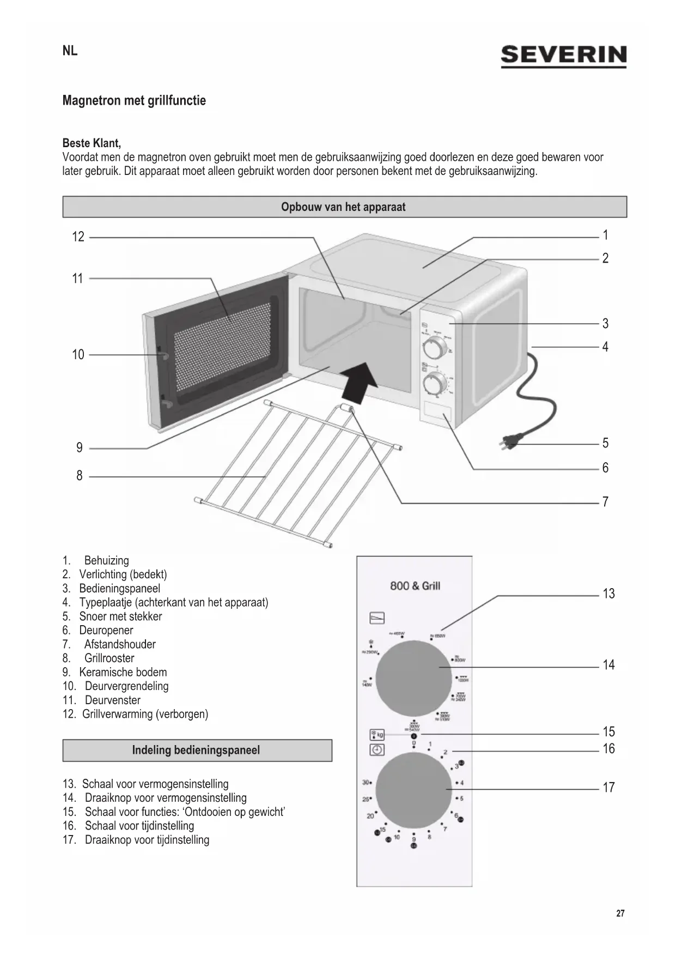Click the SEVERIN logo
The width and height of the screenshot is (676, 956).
563,56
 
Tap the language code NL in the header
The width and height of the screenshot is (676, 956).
70,51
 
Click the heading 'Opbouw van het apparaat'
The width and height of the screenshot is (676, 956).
343,207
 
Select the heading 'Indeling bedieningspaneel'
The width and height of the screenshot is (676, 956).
196,750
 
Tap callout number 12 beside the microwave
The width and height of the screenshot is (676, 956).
78,237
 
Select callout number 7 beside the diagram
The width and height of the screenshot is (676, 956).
605,502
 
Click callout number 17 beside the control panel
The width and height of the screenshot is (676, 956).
608,788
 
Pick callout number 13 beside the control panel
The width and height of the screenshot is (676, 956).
608,594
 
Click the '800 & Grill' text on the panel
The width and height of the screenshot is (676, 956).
415,586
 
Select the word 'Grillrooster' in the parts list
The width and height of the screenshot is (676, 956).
109,658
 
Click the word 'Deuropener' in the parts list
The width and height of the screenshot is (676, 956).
106,631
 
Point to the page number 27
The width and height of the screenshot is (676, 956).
620,913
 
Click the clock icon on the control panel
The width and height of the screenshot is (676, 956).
377,750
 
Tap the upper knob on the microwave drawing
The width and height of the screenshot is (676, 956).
434,347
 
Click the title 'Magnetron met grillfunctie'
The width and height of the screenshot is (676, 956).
134,101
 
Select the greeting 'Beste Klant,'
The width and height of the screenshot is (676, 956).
92,143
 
